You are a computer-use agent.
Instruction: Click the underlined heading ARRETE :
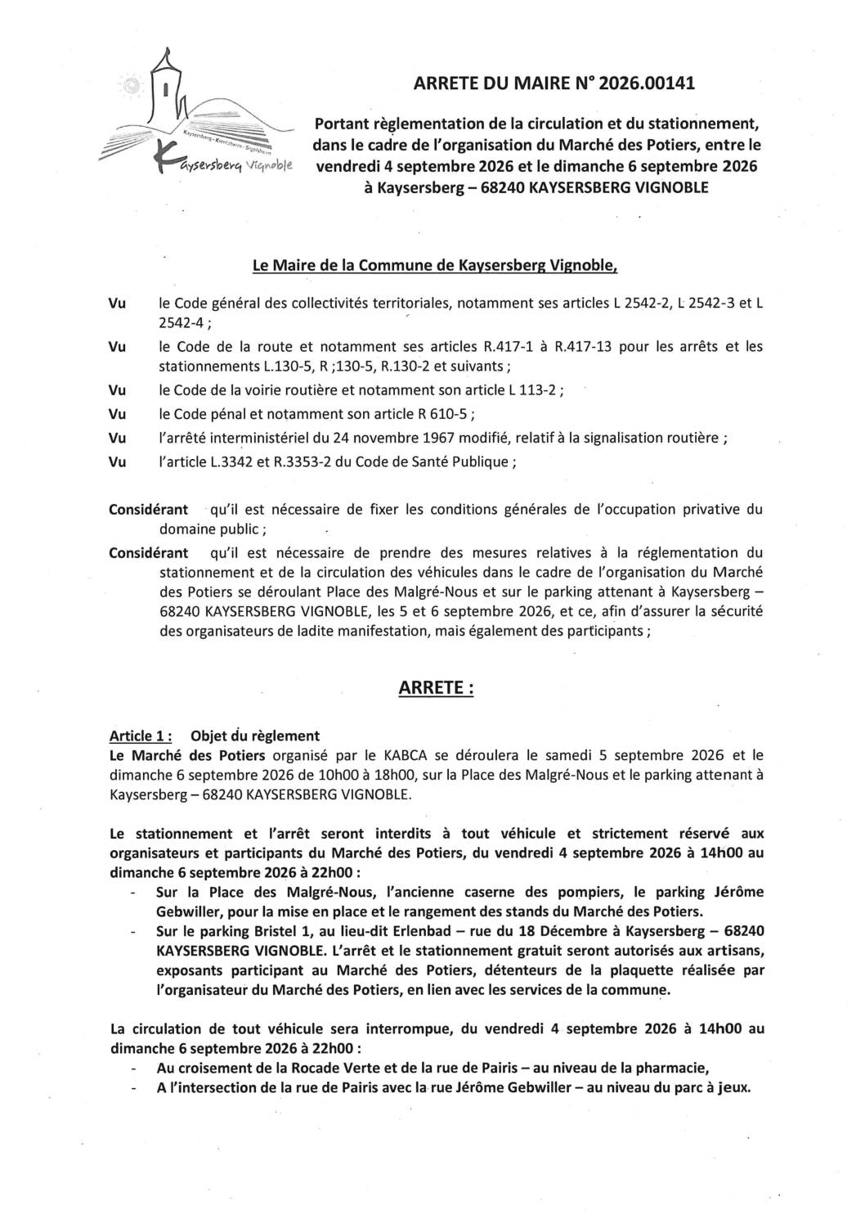click(435, 688)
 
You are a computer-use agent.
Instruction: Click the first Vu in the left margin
click(117, 304)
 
